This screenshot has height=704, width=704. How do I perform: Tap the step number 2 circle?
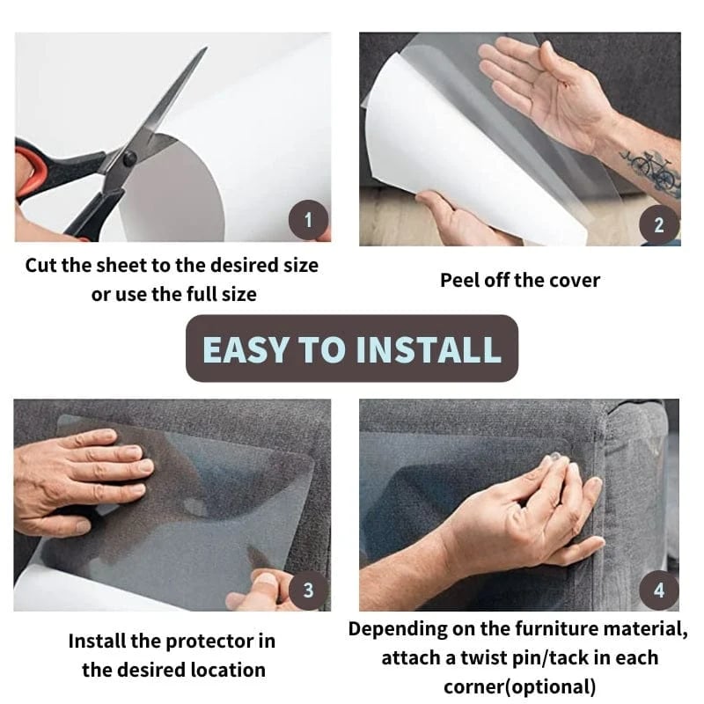[x=659, y=225]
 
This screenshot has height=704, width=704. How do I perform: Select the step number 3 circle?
[x=308, y=590]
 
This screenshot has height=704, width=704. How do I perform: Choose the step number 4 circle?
[x=659, y=590]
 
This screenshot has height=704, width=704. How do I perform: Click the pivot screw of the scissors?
[x=128, y=159]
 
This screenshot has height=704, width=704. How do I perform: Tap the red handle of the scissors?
[x=35, y=172]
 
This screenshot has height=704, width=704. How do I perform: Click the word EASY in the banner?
[x=247, y=348]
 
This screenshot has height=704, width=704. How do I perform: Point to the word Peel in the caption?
[x=459, y=281]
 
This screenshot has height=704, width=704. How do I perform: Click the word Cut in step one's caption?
[x=42, y=265]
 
